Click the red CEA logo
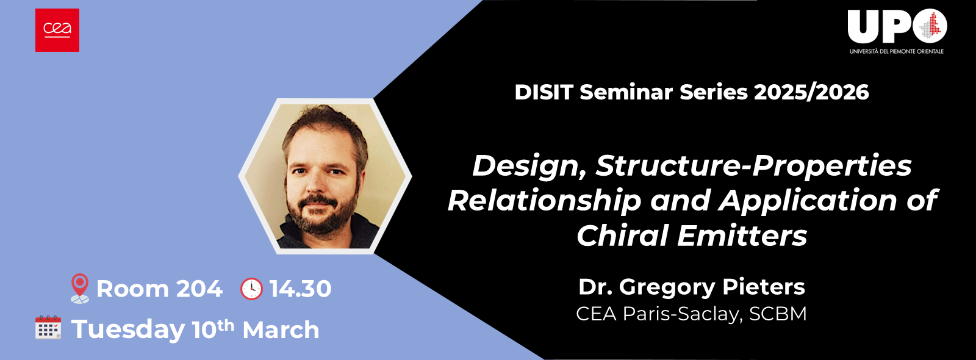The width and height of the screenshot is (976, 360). (57, 30)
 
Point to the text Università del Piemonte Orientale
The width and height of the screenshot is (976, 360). (896, 51)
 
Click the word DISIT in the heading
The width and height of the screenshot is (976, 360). (544, 92)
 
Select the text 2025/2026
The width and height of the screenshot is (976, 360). (811, 92)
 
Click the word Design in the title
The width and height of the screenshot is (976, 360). (528, 166)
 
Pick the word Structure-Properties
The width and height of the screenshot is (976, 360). (753, 166)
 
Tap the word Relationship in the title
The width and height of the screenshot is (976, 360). (544, 201)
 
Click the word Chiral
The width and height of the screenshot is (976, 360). (623, 236)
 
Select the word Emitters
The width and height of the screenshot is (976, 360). (742, 236)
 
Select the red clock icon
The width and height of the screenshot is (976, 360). (251, 289)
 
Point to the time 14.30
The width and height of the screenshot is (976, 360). (300, 289)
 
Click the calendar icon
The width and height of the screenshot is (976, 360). (48, 328)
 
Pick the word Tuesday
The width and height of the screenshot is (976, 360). (128, 330)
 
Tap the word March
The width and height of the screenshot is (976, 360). (281, 330)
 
